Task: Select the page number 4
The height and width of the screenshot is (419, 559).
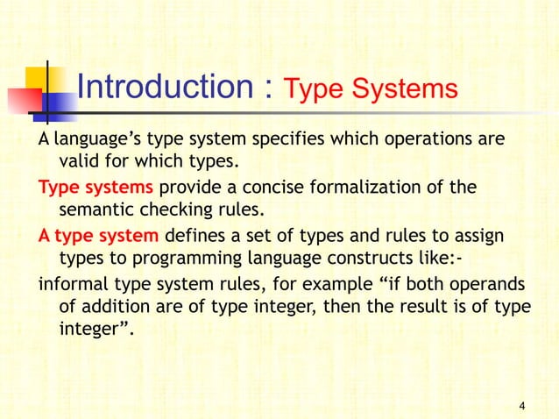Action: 522,405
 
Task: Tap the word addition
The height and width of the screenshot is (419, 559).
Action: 112,308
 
